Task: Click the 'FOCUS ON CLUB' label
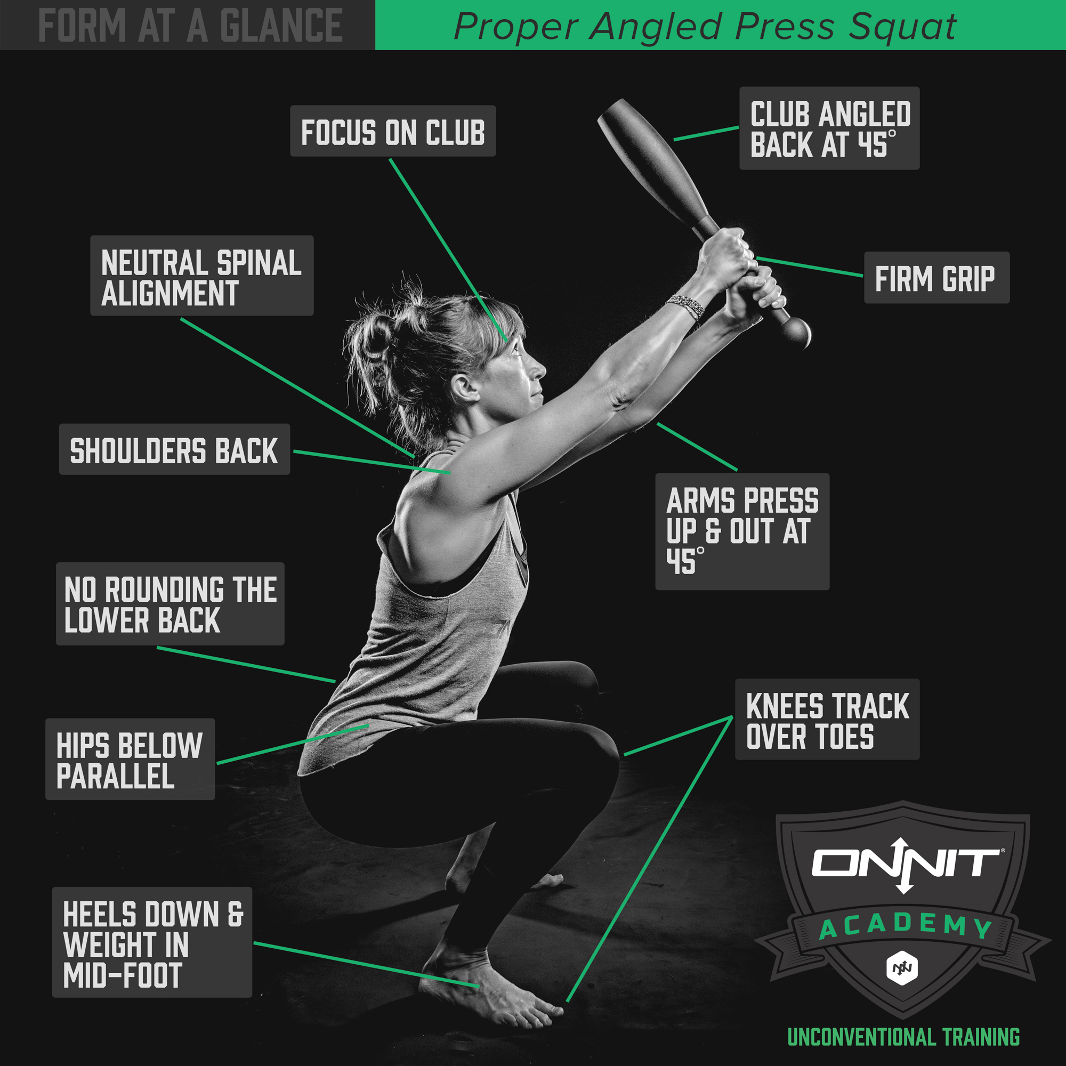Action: (392, 131)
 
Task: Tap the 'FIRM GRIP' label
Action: (936, 278)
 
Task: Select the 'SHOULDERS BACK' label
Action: (174, 450)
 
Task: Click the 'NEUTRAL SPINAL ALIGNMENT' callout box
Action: (202, 276)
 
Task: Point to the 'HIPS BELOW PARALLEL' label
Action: (130, 759)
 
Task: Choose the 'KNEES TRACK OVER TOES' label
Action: (827, 720)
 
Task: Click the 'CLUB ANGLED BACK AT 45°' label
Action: (829, 128)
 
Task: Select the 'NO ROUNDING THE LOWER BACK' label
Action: (170, 604)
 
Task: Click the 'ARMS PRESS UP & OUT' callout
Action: (741, 531)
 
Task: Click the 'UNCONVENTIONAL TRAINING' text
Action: (903, 1037)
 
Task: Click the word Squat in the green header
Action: (902, 26)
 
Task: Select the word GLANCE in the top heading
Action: (281, 26)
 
